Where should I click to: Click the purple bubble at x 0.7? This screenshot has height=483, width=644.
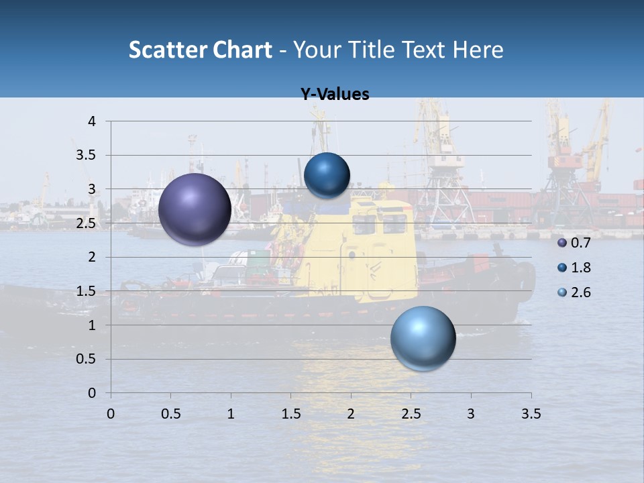pos(195,209)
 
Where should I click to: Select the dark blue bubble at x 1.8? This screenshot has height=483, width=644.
pos(327,176)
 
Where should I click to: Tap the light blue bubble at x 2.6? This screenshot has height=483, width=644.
pos(423,338)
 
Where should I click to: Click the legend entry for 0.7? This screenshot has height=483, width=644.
pos(574,242)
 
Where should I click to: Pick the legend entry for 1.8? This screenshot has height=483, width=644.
pos(574,268)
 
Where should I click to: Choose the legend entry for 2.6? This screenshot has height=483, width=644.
pos(574,292)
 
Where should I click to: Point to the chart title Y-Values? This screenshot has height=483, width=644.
pos(335,95)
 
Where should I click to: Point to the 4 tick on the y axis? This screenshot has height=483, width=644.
pos(93,121)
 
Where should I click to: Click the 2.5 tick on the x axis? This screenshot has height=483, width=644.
pos(411,414)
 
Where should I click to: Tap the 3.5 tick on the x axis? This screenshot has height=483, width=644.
pos(531,414)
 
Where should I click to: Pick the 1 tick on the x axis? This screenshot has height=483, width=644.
pos(231,414)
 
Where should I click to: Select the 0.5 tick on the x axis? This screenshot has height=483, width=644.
pos(171,414)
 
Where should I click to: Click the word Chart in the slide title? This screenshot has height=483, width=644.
pos(243,50)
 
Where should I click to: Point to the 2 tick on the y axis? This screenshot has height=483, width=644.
pos(93,257)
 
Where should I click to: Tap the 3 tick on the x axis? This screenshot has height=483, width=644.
pos(471,414)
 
